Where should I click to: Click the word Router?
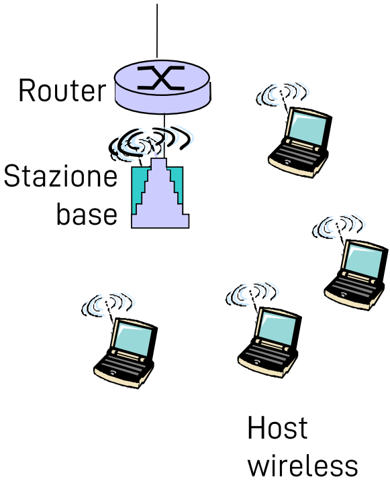62,91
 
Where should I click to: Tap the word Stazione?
60,178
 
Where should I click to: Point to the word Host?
277,429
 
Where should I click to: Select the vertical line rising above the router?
157,30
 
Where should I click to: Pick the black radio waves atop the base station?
151,140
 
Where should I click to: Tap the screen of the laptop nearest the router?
307,129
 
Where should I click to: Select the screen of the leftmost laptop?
132,338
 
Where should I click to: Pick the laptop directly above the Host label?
269,339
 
